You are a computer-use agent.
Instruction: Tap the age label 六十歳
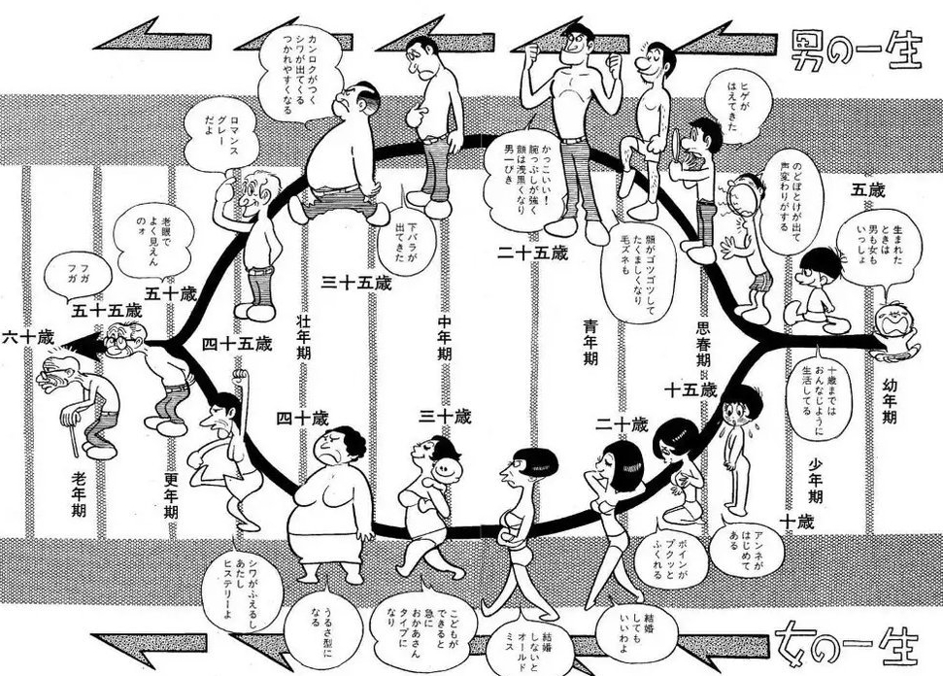point(27,337)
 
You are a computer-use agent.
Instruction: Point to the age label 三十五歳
point(356,282)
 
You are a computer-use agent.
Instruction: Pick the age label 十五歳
point(690,389)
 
